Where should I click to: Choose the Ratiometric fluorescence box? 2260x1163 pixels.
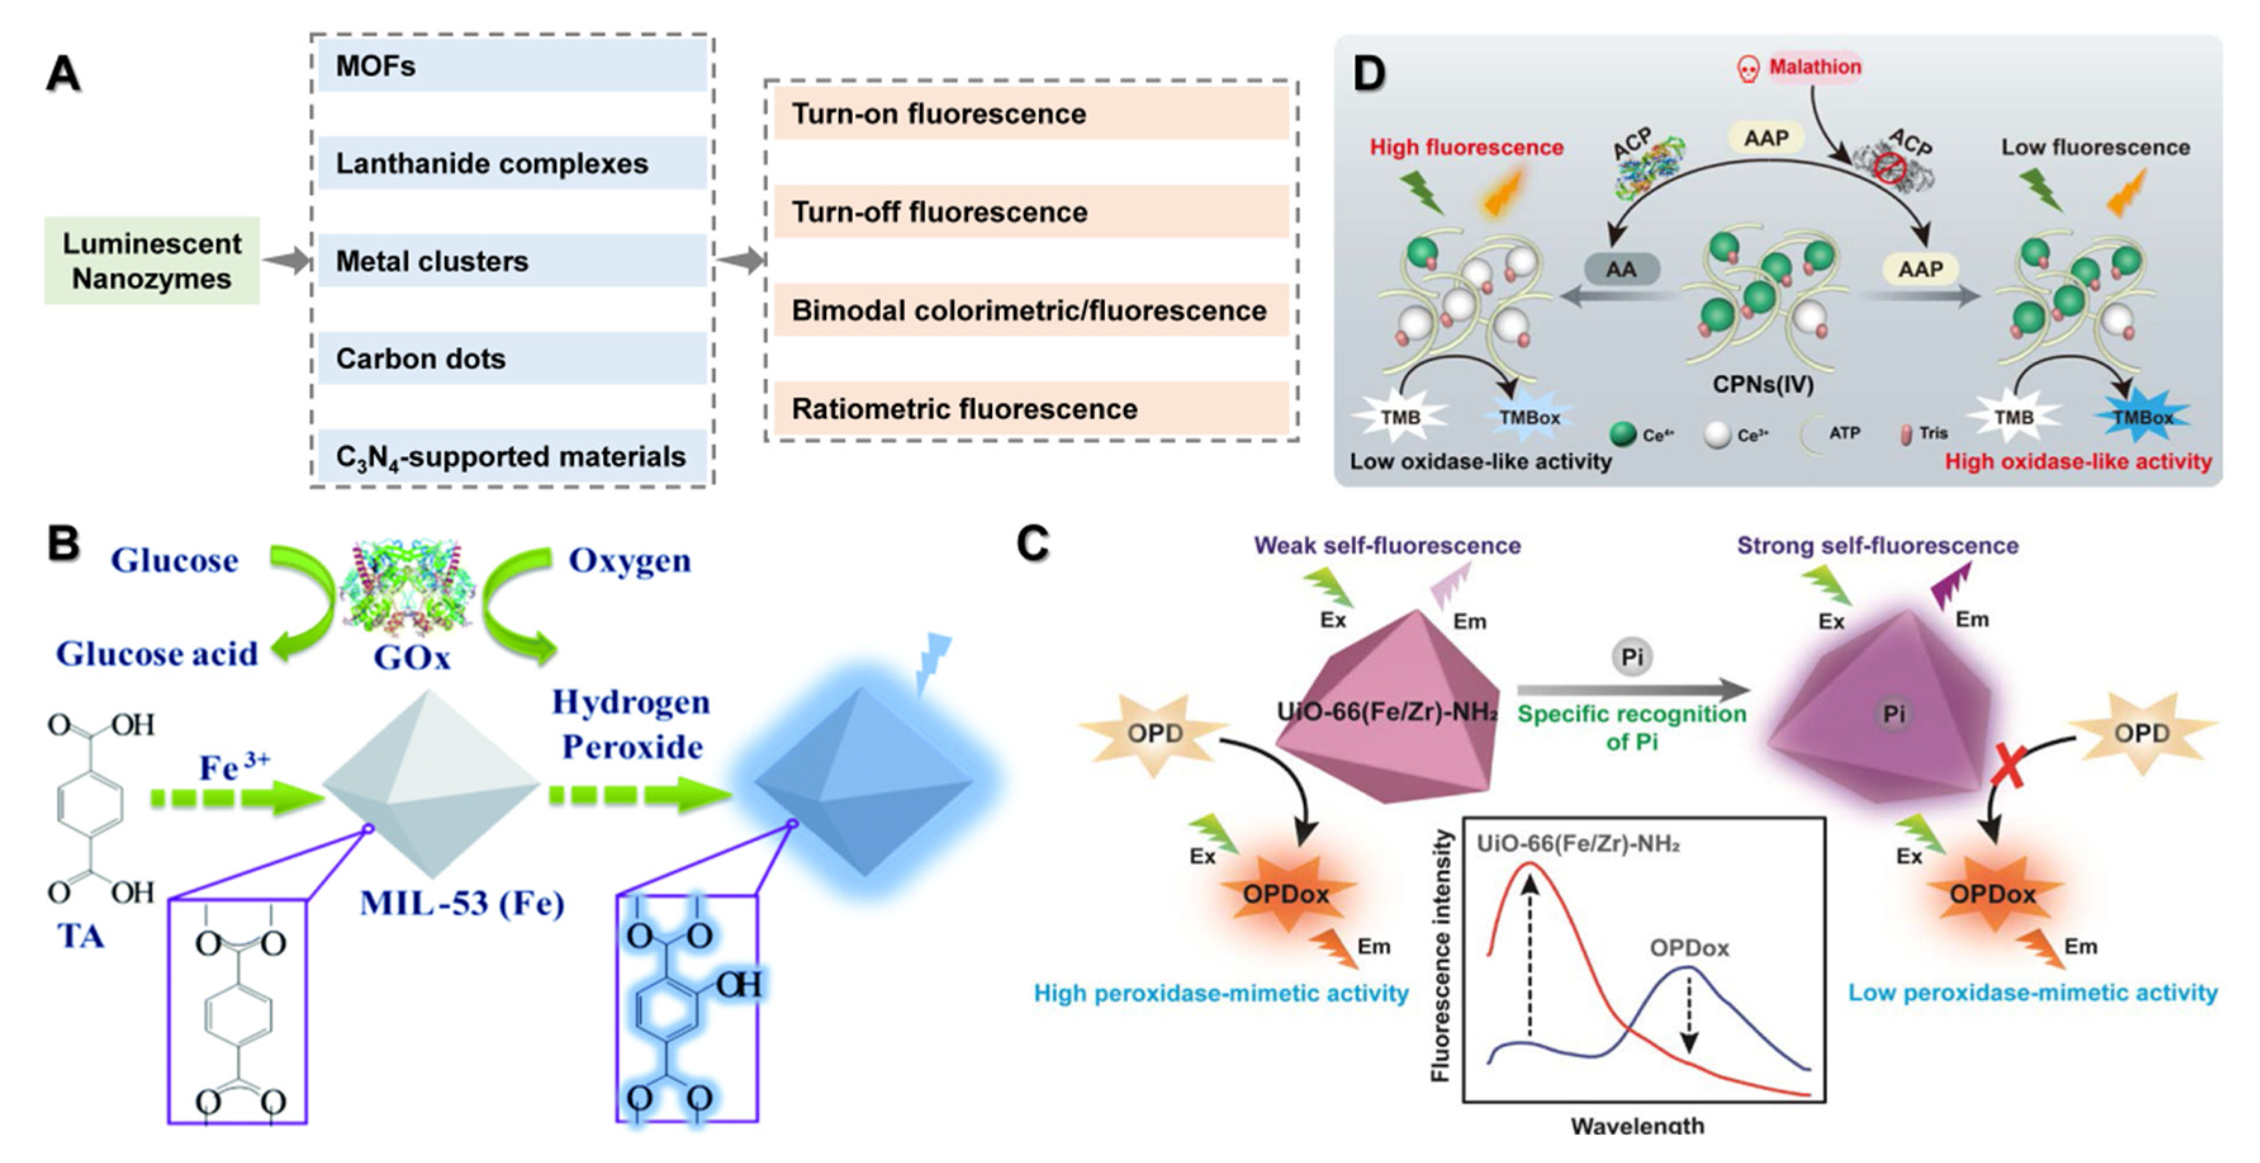coord(1030,409)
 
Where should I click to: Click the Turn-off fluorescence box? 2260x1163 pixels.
coord(1030,212)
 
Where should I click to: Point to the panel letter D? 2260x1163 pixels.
coord(1369,73)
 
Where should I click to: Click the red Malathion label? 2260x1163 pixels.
coord(1815,67)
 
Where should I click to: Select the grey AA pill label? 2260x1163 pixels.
coord(1621,269)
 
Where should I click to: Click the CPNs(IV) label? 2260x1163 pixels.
coord(1763,384)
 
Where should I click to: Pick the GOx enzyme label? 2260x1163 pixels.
coord(411,657)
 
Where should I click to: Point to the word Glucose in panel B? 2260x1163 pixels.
coord(174,561)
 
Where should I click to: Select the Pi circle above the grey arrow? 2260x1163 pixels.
coord(1632,656)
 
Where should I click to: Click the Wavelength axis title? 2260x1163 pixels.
coord(1637,1125)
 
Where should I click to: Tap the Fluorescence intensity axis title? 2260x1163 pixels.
coord(1440,956)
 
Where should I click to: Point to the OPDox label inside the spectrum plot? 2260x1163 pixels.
coord(1689,948)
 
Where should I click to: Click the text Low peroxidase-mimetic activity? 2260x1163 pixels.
coord(2032,993)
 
